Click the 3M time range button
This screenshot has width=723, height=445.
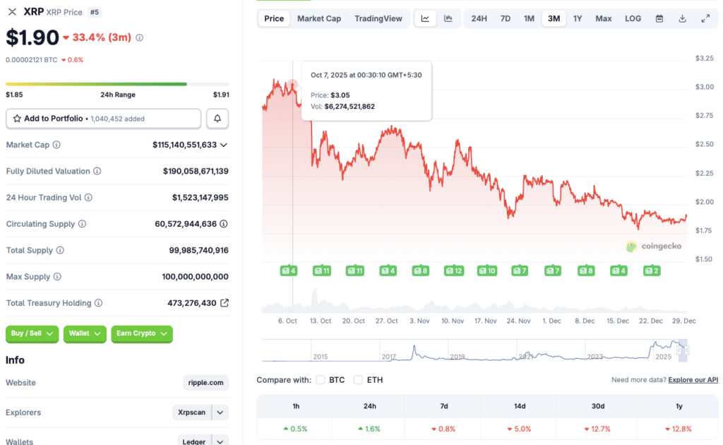coord(554,18)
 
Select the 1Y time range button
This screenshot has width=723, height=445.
coord(578,18)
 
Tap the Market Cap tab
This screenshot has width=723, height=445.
coord(319,18)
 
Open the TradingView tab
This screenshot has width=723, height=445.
coord(378,18)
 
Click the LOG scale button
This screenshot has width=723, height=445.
coord(633,18)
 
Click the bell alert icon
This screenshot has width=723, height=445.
coord(217,119)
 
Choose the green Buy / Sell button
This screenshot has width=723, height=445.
coord(32,333)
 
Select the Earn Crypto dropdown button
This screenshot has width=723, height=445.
coord(142,333)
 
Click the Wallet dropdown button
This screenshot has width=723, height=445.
coord(85,333)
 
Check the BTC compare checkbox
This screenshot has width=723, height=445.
coord(321,380)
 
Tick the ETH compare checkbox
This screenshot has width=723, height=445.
coord(359,380)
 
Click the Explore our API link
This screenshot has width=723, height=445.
coord(693,380)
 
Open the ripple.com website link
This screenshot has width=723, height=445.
coord(205,383)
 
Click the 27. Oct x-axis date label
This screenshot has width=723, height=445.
coord(386,321)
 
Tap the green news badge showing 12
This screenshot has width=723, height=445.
coord(453,271)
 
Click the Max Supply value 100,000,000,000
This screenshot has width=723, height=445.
coord(195,277)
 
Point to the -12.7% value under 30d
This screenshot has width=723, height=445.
coord(597,429)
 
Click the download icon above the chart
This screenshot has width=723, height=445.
coord(682,18)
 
